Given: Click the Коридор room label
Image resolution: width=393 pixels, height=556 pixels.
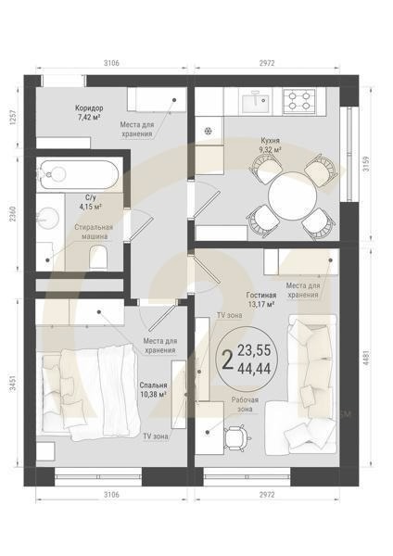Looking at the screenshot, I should point(90,107).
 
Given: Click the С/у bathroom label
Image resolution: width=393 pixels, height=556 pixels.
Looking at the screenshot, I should point(91,197).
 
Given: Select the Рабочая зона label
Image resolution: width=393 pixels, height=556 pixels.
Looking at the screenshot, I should point(246,404).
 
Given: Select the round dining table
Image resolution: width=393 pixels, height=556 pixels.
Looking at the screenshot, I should point(291,196).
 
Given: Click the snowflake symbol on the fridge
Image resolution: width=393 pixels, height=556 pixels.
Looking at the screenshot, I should point(208,130).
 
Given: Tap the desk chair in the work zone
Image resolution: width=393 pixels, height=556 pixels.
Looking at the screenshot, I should point(237,435).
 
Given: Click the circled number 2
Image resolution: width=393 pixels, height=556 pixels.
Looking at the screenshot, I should point(225,359).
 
